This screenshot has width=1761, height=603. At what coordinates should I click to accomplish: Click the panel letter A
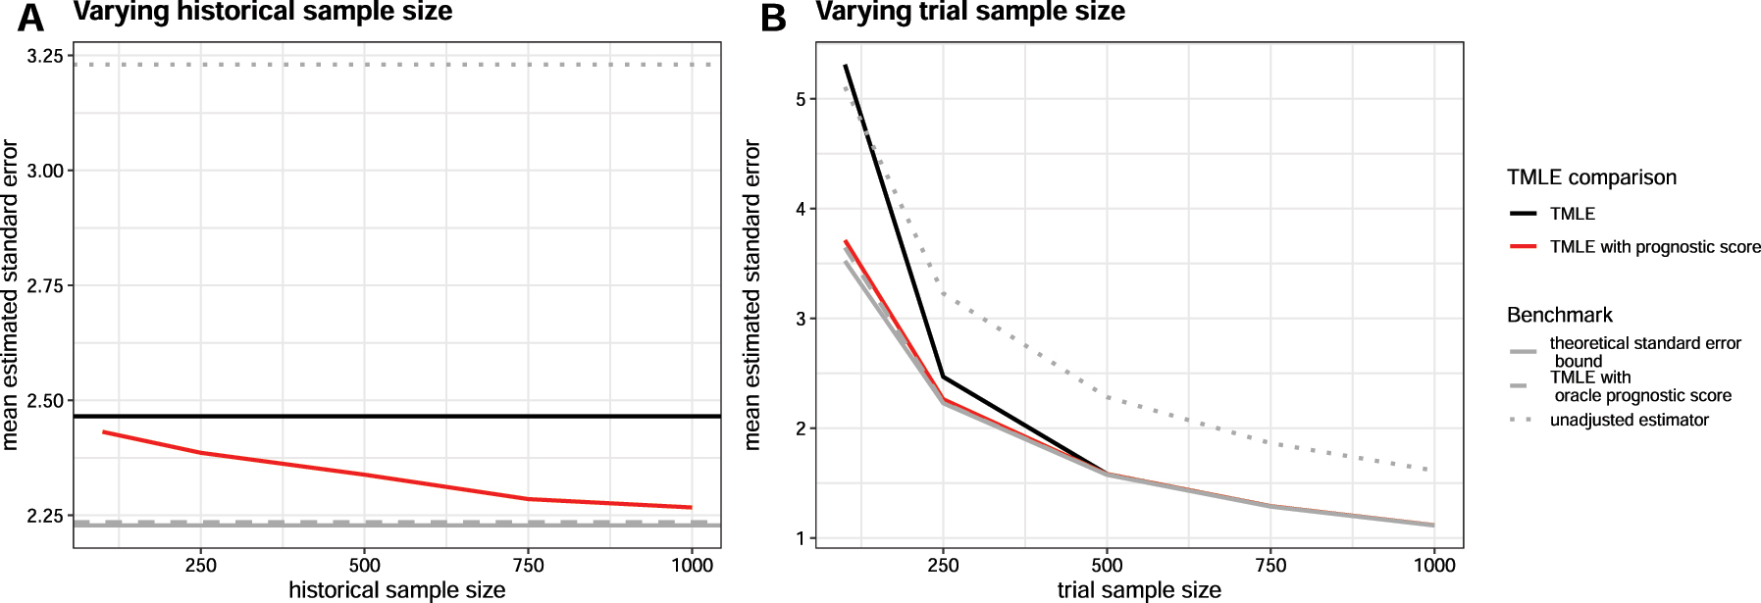click(30, 17)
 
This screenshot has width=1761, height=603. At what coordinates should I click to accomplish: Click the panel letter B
click(773, 17)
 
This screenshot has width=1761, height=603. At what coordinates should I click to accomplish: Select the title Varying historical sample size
click(263, 12)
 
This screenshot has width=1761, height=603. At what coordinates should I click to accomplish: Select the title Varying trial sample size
click(969, 12)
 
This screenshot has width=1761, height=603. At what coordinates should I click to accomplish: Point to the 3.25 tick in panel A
click(45, 56)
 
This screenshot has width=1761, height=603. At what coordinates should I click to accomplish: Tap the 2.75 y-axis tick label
click(45, 285)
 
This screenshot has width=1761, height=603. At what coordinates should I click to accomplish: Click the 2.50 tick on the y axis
click(45, 400)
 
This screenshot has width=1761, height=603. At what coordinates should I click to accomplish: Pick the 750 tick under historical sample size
click(528, 565)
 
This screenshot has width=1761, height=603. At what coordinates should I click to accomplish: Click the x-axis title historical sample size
click(396, 589)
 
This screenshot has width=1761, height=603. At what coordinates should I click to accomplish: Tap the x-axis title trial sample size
click(1139, 589)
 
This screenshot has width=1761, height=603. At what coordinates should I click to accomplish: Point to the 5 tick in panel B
click(801, 99)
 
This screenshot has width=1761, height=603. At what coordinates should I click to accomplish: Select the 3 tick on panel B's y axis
click(801, 319)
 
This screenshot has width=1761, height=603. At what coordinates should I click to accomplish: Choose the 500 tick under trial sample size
click(1107, 565)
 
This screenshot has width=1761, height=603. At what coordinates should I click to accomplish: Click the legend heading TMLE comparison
click(1591, 177)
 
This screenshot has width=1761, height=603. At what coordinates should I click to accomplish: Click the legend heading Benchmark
click(1559, 315)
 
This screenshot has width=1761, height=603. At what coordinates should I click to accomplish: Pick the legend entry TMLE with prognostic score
click(1654, 247)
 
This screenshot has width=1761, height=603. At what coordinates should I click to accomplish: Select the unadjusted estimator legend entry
click(1629, 420)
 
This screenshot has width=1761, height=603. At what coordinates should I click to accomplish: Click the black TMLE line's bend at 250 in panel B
click(943, 377)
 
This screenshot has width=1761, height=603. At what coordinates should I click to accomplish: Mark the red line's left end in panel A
click(103, 431)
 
